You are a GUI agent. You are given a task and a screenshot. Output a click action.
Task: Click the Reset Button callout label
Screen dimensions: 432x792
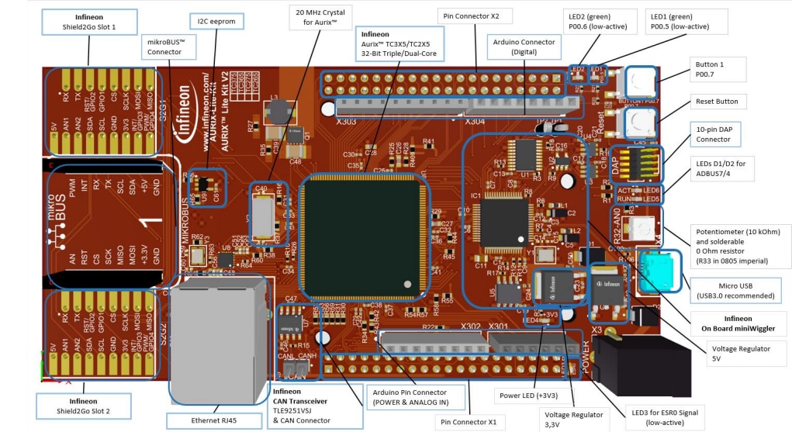pyautogui.click(x=716, y=102)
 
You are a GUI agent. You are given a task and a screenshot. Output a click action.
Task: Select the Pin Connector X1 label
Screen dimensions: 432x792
pyautogui.click(x=470, y=422)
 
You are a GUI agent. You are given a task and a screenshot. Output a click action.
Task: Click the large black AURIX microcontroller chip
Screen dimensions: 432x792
pyautogui.click(x=363, y=235)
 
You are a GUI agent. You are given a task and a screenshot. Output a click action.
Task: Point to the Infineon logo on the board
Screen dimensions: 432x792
pyautogui.click(x=185, y=133)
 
